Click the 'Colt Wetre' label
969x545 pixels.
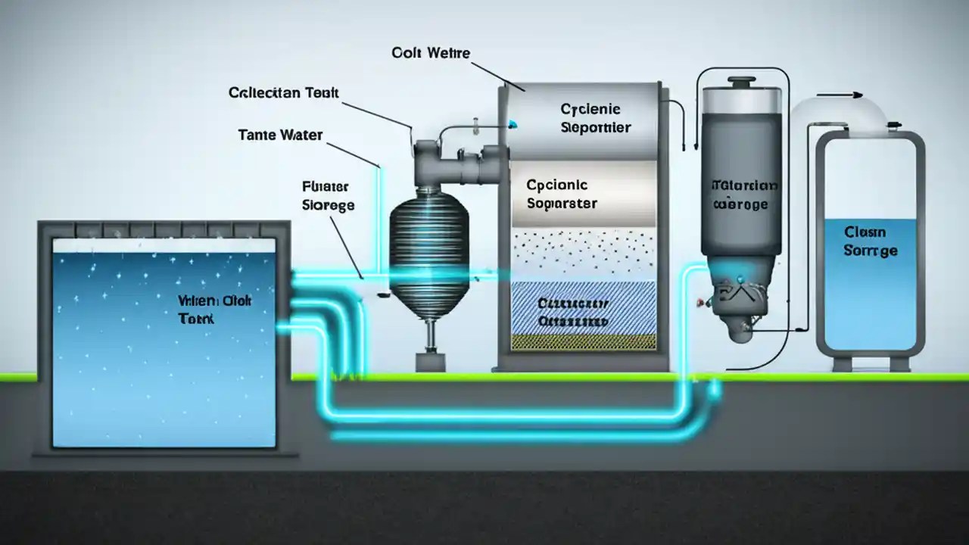431,53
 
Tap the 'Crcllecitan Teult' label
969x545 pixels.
283,93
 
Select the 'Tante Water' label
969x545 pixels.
280,135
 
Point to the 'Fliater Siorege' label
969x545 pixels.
328,195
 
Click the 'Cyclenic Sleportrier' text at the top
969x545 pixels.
595,118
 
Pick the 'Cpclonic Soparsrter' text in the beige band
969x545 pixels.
562,194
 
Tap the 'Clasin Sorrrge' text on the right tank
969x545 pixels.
871,241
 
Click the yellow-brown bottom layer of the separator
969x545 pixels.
583,342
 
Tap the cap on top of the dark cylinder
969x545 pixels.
740,81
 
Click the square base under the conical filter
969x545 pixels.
429,362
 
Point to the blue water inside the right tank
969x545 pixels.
870,303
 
